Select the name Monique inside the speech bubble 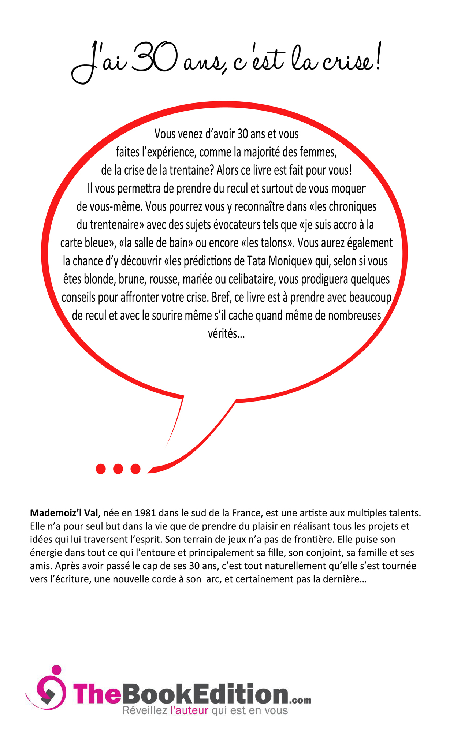[290, 261]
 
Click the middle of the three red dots [118, 469]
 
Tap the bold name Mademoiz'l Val [64, 513]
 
